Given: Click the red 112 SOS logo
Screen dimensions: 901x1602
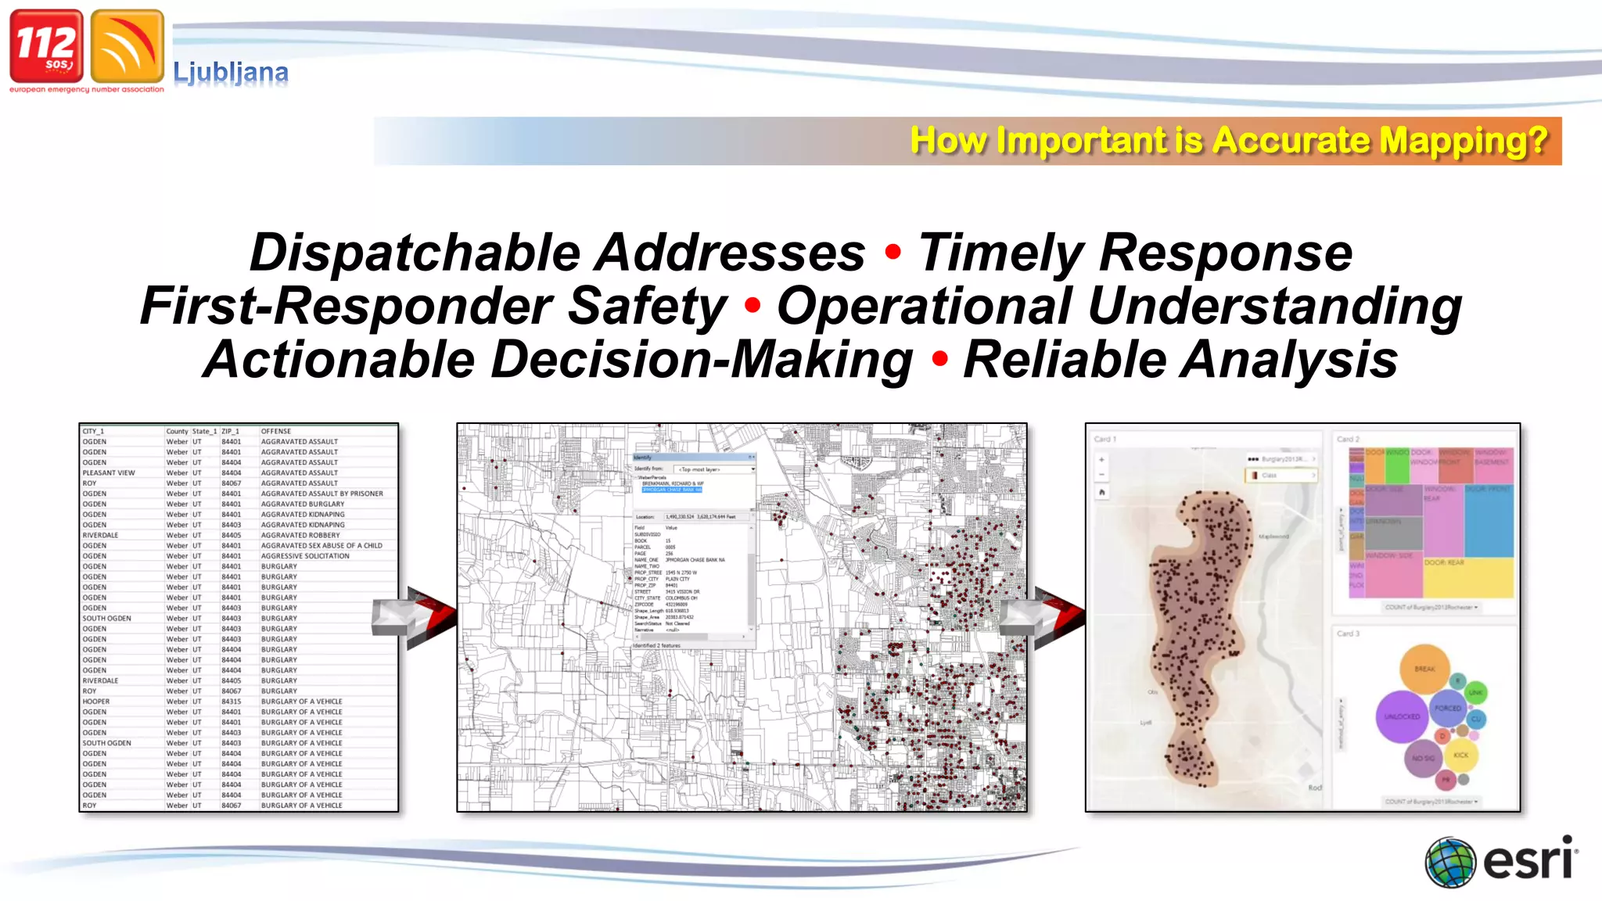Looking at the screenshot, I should click(46, 46).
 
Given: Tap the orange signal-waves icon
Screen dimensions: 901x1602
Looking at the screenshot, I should click(128, 46).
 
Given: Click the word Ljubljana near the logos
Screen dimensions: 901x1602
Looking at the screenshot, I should click(231, 73).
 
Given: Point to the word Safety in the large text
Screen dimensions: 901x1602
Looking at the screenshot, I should click(647, 306).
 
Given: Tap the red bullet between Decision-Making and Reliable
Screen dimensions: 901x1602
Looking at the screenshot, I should click(939, 359).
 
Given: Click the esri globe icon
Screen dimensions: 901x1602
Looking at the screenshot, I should click(1449, 863).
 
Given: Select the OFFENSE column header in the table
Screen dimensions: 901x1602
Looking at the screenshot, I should click(276, 431).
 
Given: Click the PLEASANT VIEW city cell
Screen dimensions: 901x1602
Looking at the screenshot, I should click(109, 472).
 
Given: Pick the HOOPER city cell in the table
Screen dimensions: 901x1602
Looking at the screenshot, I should click(96, 702).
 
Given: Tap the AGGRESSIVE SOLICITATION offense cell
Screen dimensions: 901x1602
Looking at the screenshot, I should click(305, 556).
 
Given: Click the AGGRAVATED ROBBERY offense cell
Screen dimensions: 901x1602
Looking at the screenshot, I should click(300, 535).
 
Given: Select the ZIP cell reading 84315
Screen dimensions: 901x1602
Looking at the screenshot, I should click(231, 702).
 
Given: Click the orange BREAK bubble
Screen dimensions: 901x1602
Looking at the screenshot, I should click(1424, 668).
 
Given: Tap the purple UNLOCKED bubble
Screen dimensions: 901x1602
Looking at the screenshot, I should click(1402, 716).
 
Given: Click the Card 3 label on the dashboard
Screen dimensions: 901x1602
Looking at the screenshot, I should click(1348, 634).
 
